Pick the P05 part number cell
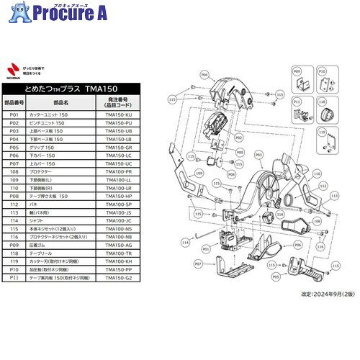pos(14,146)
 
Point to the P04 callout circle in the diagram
pos(204,74)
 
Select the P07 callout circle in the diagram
pos(198,264)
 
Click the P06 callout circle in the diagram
pos(297,245)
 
